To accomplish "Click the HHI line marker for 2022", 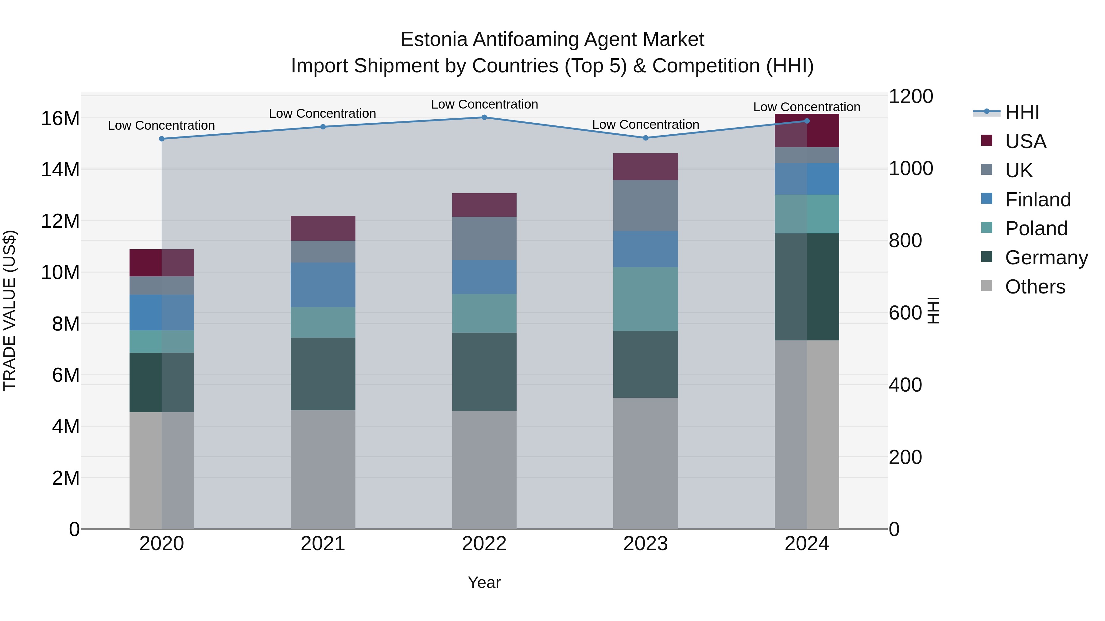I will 484,117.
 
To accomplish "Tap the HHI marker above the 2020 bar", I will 162,139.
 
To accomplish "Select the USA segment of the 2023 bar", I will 646,167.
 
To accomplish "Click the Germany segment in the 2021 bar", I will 323,374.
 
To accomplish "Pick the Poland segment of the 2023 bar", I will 646,299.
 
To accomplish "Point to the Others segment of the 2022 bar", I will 484,470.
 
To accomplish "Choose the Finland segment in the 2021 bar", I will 323,285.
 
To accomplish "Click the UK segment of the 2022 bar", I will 484,238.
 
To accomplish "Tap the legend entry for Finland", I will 1038,200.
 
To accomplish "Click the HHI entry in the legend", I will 1022,112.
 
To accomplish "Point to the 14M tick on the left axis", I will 60,170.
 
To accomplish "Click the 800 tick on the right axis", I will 905,240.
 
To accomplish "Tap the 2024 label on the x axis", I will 807,544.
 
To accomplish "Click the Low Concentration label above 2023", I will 646,125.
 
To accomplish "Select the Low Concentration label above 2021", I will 323,113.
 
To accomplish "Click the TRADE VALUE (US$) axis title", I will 10,310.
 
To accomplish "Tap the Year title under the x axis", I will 484,582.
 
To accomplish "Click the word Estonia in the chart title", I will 434,40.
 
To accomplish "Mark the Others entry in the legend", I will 1035,287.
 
